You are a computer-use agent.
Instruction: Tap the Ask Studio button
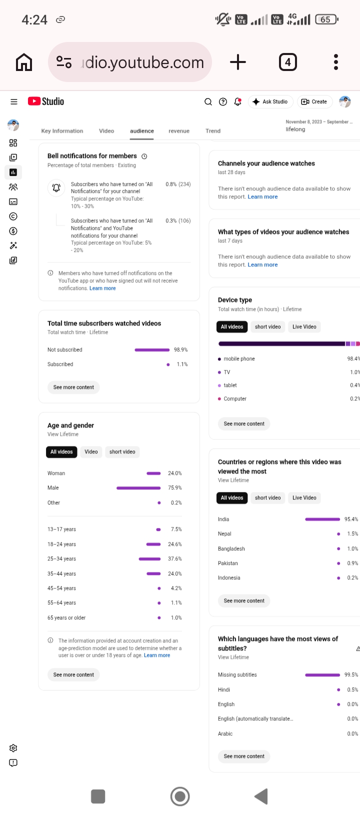[x=270, y=102]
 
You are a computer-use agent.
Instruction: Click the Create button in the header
[x=314, y=102]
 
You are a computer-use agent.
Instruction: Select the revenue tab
[x=178, y=131]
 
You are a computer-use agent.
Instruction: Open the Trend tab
[x=213, y=131]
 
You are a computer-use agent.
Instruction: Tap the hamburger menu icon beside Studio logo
[x=14, y=102]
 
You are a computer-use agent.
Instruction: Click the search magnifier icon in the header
[x=208, y=102]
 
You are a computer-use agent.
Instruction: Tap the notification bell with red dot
[x=237, y=102]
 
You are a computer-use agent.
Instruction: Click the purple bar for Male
[x=138, y=488]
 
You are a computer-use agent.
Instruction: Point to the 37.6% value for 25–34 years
[x=174, y=559]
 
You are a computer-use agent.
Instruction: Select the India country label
[x=223, y=519]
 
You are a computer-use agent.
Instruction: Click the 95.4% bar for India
[x=322, y=519]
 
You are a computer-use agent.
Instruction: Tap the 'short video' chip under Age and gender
[x=122, y=452]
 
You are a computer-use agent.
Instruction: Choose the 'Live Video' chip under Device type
[x=304, y=327]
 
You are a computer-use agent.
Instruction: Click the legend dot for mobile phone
[x=219, y=359]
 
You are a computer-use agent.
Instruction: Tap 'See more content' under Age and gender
[x=73, y=674]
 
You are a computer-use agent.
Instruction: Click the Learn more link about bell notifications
[x=102, y=288]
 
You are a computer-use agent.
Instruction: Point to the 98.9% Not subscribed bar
[x=152, y=350]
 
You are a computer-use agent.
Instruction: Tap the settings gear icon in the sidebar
[x=13, y=748]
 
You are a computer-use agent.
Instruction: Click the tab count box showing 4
[x=288, y=62]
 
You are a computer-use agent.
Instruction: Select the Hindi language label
[x=224, y=689]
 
